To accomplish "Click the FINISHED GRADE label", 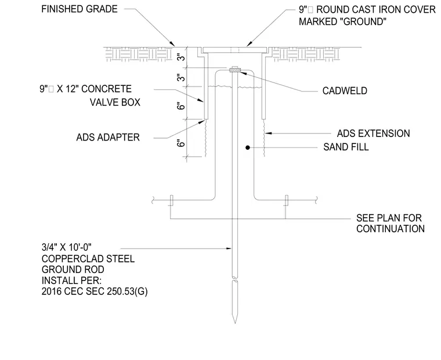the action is point(79,9).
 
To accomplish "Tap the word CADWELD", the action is point(345,91).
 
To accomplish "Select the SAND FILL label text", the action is point(346,147).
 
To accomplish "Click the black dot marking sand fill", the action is point(248,147).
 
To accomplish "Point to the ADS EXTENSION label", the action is point(374,134).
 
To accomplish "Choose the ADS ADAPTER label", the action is point(108,138).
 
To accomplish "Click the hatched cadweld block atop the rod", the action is point(234,70).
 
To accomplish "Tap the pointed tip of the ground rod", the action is point(235,323).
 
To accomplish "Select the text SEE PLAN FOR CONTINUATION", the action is point(391,223).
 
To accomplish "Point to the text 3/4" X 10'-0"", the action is point(67,247).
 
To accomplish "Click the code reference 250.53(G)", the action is point(127,291).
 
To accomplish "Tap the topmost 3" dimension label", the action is point(182,57).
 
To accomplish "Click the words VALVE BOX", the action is point(115,102).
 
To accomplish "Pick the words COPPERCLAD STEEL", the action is point(88,258).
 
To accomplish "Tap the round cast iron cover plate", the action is point(234,50).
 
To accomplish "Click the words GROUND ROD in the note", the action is point(73,269).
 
